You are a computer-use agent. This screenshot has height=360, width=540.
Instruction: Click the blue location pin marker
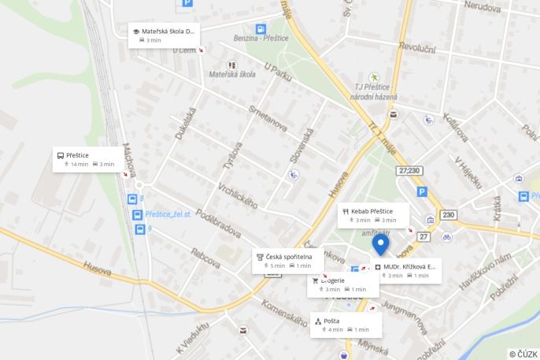(380, 245)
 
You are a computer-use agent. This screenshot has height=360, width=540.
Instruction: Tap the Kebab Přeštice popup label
(373, 215)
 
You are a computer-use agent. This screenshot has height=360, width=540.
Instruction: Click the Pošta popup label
(346, 325)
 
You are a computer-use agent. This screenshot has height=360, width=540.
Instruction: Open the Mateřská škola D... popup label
(164, 35)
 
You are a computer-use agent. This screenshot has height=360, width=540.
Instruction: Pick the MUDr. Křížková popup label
(406, 270)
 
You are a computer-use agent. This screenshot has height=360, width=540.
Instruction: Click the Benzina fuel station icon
(261, 29)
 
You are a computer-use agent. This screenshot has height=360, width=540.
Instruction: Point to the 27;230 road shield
(409, 170)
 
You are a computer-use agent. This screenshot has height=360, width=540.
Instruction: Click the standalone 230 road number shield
(448, 215)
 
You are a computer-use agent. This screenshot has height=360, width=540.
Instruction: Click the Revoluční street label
(416, 47)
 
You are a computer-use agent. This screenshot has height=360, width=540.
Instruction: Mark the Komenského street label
(283, 312)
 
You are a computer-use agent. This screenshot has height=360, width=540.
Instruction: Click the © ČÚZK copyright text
(523, 354)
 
